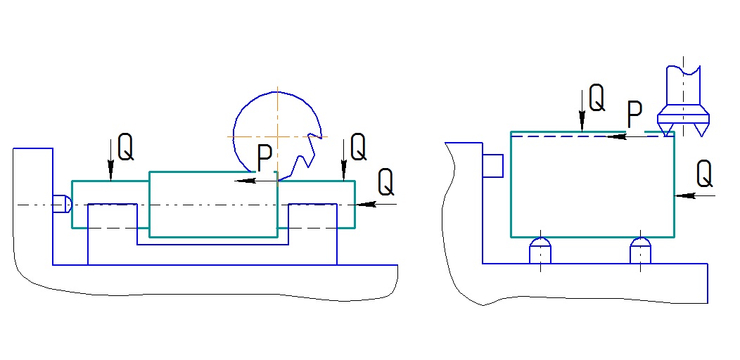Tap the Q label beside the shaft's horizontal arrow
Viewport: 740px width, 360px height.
point(385,183)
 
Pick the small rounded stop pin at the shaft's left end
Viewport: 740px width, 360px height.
point(63,204)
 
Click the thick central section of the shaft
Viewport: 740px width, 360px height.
point(212,204)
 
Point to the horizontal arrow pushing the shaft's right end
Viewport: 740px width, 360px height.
point(376,205)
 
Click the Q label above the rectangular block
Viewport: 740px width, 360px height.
point(596,98)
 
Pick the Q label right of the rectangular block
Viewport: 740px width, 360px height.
point(704,174)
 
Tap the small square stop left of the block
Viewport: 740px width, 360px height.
point(493,165)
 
